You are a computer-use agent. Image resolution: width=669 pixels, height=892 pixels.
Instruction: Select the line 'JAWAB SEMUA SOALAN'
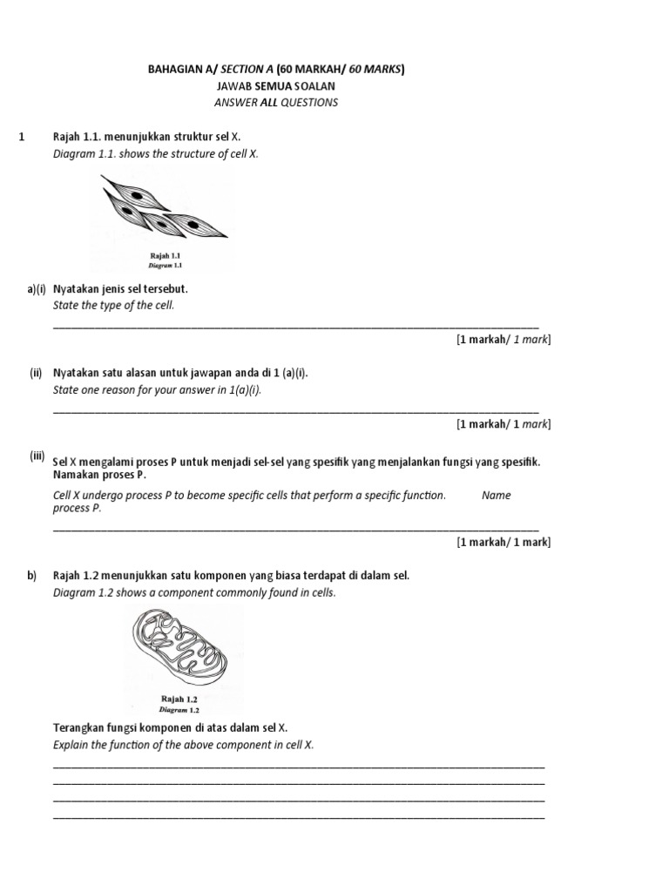point(275,86)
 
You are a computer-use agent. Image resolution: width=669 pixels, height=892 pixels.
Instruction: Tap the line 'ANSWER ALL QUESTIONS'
point(275,103)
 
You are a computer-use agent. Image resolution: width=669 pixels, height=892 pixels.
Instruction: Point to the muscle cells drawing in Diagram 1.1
point(162,209)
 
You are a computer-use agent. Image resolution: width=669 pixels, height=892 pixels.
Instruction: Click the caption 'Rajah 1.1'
point(164,255)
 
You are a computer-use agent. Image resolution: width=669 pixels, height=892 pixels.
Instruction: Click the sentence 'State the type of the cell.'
point(113,305)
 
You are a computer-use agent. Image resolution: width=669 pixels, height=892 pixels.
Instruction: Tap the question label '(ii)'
point(36,373)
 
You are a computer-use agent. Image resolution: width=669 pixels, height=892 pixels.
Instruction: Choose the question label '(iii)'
point(37,456)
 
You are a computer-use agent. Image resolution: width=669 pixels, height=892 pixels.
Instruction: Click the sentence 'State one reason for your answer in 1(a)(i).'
point(157,389)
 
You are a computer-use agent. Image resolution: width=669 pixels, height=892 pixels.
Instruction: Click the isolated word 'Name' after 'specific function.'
point(496,495)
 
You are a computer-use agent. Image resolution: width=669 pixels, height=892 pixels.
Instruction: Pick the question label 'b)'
point(32,575)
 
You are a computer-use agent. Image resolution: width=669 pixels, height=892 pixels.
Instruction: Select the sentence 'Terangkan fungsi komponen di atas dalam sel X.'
point(171,727)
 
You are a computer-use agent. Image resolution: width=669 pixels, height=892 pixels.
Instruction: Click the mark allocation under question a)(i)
point(503,339)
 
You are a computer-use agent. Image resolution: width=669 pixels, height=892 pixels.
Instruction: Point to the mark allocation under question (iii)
point(503,542)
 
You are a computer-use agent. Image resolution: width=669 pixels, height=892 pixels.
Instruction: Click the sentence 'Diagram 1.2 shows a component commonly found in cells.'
point(194,592)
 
